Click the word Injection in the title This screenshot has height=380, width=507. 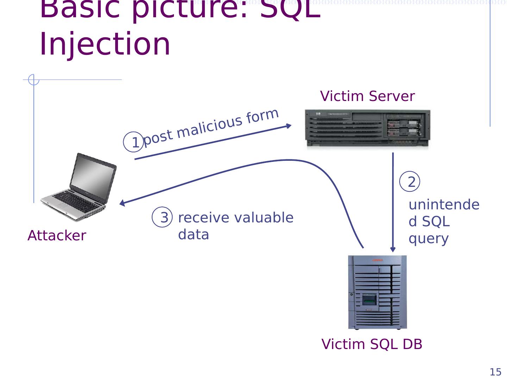(x=105, y=44)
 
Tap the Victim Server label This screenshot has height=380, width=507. (x=367, y=96)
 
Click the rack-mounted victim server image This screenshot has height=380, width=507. (x=367, y=129)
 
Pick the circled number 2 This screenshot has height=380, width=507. (x=411, y=182)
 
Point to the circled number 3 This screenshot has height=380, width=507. (x=163, y=217)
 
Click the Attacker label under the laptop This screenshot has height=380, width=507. (x=57, y=235)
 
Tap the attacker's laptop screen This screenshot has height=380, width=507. (x=94, y=178)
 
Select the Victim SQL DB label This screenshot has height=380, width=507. (x=372, y=344)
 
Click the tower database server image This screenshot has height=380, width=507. (x=377, y=292)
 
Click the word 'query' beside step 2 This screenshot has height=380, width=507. (x=428, y=239)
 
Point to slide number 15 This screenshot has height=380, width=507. (x=495, y=372)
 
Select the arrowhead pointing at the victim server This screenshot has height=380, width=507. (x=289, y=126)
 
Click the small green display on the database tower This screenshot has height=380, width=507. (x=369, y=302)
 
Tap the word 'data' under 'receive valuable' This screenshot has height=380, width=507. (x=193, y=234)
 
